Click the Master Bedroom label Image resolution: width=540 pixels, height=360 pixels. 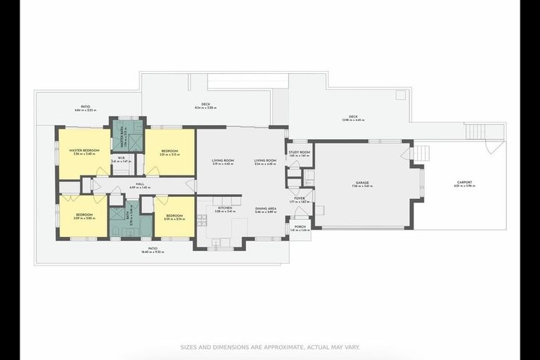click(84, 150)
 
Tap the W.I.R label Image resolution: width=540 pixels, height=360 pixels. click(122, 157)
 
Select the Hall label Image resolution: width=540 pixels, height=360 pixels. click(140, 184)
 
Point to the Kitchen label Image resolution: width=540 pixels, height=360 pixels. click(225, 208)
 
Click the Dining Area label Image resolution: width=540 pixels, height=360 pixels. click(265, 208)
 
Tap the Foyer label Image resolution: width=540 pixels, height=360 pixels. click(299, 198)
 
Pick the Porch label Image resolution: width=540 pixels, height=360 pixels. click(300, 227)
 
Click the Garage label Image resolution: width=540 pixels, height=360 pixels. click(362, 183)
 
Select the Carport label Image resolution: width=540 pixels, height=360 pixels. click(465, 183)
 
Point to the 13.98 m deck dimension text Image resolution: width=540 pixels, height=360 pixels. click(353, 120)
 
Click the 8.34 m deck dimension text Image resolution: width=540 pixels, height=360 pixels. click(205, 108)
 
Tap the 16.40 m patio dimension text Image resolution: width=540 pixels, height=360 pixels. click(153, 252)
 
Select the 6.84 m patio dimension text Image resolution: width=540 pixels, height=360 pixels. click(86, 110)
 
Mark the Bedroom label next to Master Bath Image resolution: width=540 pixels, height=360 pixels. click(169, 150)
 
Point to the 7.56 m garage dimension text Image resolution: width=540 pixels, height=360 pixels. click(362, 186)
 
